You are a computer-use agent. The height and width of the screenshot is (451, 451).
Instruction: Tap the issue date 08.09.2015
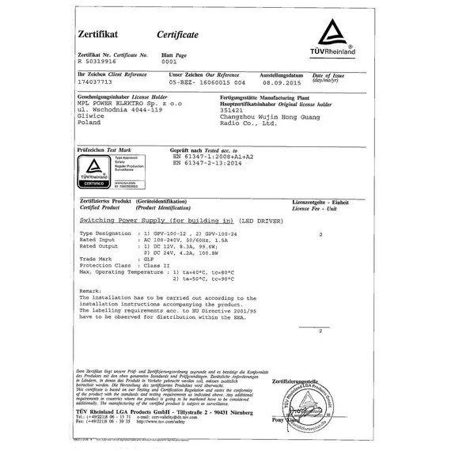[283, 81]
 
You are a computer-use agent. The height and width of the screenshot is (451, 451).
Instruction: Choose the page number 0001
[169, 60]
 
